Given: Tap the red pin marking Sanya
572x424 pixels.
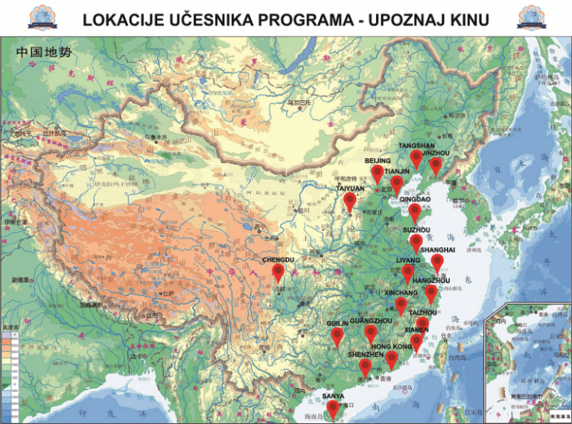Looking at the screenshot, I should (x=333, y=410).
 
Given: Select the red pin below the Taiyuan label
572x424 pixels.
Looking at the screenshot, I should (x=349, y=201).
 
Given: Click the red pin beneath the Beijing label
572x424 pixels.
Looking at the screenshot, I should (x=378, y=174).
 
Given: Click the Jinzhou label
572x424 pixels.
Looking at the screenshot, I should (x=436, y=153).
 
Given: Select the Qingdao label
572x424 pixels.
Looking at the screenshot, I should (x=415, y=199).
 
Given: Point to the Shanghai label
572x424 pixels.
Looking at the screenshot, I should (x=438, y=249).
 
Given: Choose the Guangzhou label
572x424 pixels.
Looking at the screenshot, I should (x=371, y=322).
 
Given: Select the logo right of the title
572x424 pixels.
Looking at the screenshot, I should (x=537, y=17).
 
